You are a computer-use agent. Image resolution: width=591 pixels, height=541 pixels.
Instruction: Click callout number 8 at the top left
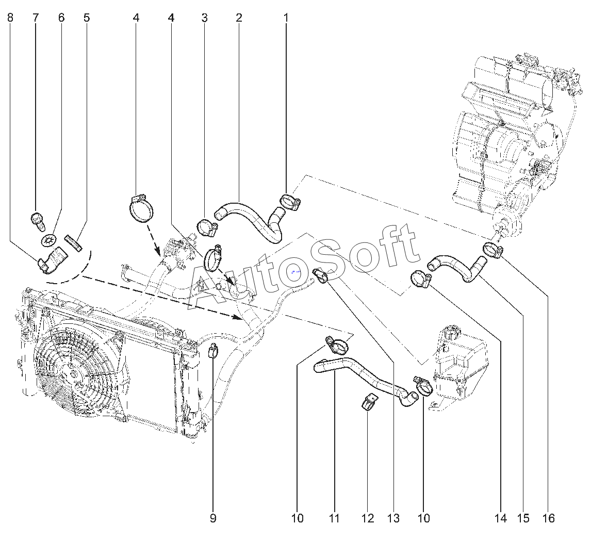[x=11, y=18]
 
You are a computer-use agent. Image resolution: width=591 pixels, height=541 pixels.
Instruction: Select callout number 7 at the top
[x=36, y=18]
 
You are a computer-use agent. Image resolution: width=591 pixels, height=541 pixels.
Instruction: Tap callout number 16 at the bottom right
[x=549, y=518]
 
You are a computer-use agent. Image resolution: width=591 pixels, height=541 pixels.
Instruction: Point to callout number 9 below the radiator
[x=213, y=518]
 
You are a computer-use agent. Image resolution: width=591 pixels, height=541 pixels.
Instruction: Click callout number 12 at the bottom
[x=368, y=518]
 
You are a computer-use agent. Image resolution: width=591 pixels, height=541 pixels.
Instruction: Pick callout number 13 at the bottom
[x=393, y=518]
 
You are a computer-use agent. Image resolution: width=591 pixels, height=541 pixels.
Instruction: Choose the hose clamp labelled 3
[x=207, y=226]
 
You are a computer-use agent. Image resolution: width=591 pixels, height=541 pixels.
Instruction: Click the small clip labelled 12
[x=369, y=402]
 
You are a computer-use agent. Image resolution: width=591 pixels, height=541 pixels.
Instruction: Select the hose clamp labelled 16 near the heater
[x=492, y=250]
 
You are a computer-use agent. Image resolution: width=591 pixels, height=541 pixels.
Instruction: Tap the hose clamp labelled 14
[x=420, y=279]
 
